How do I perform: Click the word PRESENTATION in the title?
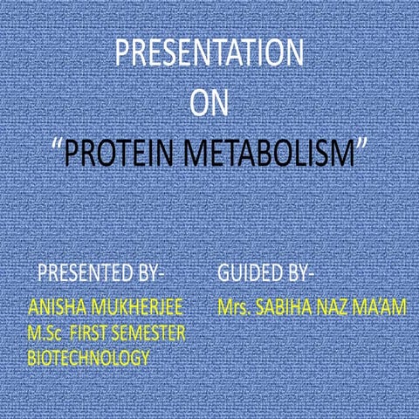[x=209, y=54]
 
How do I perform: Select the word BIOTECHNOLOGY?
[x=88, y=358]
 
